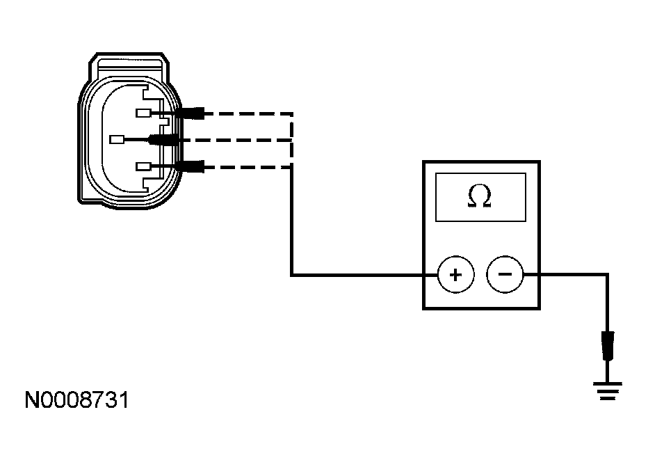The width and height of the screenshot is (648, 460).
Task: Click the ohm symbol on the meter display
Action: [480, 198]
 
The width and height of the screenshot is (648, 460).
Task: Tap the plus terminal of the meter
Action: [455, 275]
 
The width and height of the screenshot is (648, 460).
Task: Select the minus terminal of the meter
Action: [505, 275]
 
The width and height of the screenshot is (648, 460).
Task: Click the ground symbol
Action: [608, 390]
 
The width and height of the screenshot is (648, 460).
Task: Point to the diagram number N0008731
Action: [76, 401]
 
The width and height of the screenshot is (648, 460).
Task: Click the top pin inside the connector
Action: [144, 113]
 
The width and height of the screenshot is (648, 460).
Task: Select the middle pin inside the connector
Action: [117, 139]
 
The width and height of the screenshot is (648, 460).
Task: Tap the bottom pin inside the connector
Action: [144, 166]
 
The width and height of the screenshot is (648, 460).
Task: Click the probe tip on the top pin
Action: [191, 113]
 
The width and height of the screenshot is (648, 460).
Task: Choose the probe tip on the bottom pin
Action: [191, 166]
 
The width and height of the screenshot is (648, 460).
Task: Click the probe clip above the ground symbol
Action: [608, 346]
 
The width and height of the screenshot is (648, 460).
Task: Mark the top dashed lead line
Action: [247, 113]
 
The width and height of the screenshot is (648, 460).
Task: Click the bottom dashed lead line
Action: [247, 166]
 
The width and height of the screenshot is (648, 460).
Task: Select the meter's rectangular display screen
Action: [480, 197]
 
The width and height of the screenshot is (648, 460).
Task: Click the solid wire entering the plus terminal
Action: [362, 275]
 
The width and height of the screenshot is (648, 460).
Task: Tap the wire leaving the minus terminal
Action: [567, 275]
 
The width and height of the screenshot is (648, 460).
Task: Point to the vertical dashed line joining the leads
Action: [291, 139]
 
